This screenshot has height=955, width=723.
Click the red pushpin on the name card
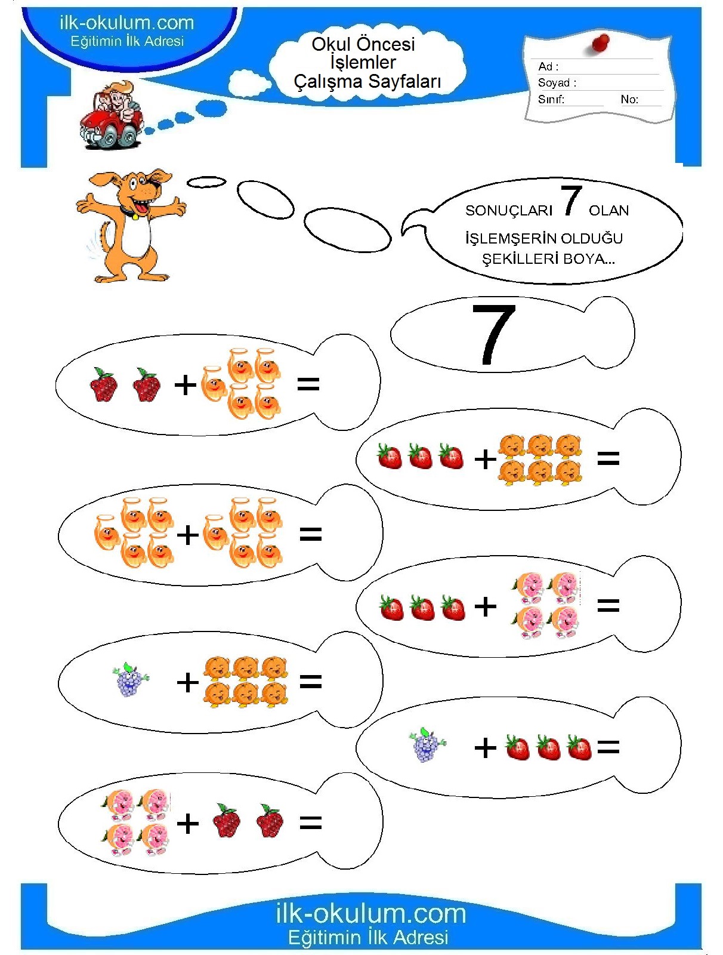click(x=601, y=42)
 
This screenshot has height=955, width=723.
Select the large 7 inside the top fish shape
click(x=493, y=334)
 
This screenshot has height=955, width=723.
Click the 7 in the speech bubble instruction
click(x=571, y=201)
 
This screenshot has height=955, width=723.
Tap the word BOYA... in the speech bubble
click(x=589, y=259)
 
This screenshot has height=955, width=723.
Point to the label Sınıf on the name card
click(x=551, y=99)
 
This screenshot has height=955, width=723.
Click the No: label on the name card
click(x=629, y=99)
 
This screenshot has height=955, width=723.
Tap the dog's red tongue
click(x=135, y=214)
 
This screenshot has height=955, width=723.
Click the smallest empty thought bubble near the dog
click(x=206, y=182)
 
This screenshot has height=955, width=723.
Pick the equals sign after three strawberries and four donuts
click(x=608, y=605)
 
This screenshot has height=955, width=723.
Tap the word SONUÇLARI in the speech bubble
click(x=509, y=211)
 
